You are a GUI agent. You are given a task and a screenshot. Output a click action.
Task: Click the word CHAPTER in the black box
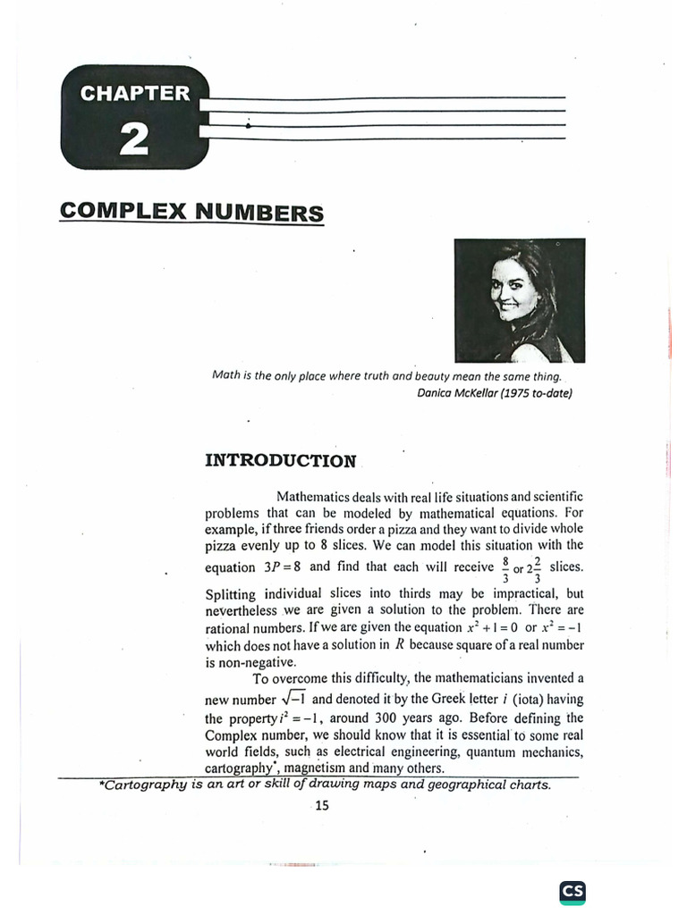pos(135,93)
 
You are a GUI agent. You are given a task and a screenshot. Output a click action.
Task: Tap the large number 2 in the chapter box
pos(134,140)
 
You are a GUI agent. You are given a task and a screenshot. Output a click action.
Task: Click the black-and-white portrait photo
pos(519,299)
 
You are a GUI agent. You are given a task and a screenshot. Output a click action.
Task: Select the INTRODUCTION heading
pos(280,461)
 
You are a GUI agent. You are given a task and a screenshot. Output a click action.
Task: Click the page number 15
pos(322,806)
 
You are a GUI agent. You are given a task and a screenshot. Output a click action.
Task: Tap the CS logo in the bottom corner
pos(572,891)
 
